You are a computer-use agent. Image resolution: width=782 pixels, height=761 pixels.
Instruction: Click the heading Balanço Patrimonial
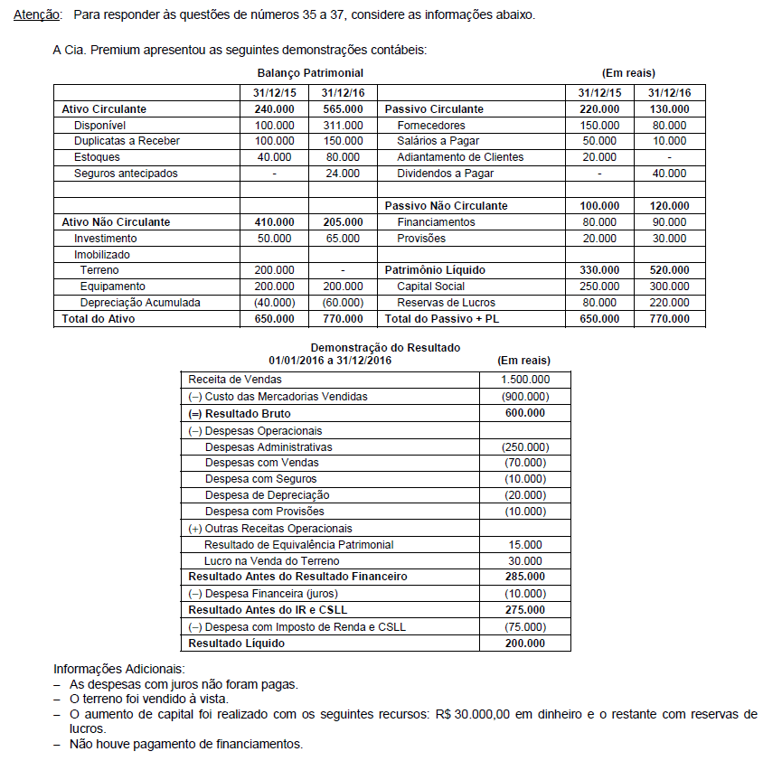(310, 72)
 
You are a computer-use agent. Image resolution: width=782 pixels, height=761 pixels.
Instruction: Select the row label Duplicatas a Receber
(127, 141)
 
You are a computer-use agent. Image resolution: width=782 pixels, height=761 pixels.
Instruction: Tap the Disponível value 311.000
(343, 125)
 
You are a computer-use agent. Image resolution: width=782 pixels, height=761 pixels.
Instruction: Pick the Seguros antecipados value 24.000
(343, 173)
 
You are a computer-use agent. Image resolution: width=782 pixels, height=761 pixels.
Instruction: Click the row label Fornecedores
(431, 125)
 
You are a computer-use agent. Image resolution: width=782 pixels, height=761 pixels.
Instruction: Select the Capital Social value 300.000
(670, 287)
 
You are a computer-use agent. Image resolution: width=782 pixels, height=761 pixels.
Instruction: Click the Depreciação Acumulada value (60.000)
(343, 303)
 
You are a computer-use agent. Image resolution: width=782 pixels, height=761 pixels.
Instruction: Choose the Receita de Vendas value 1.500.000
(524, 380)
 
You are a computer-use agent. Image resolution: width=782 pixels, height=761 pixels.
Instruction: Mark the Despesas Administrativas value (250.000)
(524, 446)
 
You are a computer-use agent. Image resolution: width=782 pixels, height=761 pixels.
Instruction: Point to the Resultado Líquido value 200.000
(524, 644)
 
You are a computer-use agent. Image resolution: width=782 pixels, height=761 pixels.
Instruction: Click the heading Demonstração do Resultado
(385, 347)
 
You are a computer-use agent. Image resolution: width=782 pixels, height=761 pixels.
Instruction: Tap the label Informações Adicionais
(118, 670)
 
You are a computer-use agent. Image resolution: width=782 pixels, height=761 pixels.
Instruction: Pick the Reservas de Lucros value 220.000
(670, 303)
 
